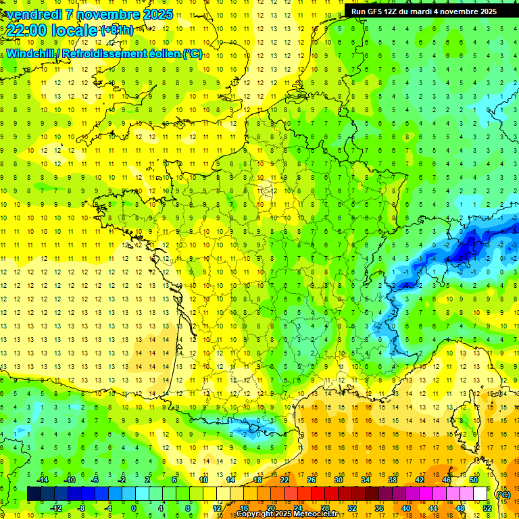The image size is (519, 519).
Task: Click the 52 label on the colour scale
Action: click(487, 508)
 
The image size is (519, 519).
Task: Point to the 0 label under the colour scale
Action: click(134, 508)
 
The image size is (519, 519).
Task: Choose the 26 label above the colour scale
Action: click(311, 479)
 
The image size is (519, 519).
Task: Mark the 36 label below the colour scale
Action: click(379, 508)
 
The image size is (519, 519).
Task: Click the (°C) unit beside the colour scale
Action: click(503, 494)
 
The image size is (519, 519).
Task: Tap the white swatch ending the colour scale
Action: click(480, 494)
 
